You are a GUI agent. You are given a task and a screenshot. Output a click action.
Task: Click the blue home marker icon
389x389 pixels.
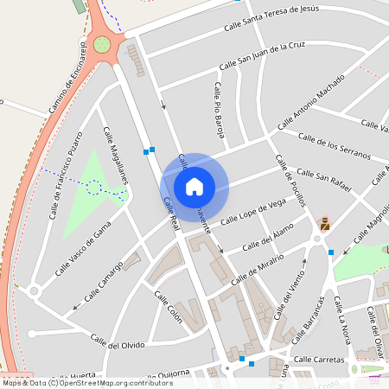[194, 185]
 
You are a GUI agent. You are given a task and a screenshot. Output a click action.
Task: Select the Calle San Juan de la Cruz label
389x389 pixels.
[262, 54]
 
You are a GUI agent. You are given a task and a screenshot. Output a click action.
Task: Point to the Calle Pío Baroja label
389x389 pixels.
[220, 110]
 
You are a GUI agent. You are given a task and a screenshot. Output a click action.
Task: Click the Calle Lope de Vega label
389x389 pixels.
[253, 212]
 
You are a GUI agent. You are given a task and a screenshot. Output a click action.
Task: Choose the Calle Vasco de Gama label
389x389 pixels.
[83, 247]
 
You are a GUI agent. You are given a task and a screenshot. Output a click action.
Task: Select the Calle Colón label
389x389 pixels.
[169, 307]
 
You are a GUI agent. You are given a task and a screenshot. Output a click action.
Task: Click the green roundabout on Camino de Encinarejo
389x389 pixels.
[103, 44]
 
